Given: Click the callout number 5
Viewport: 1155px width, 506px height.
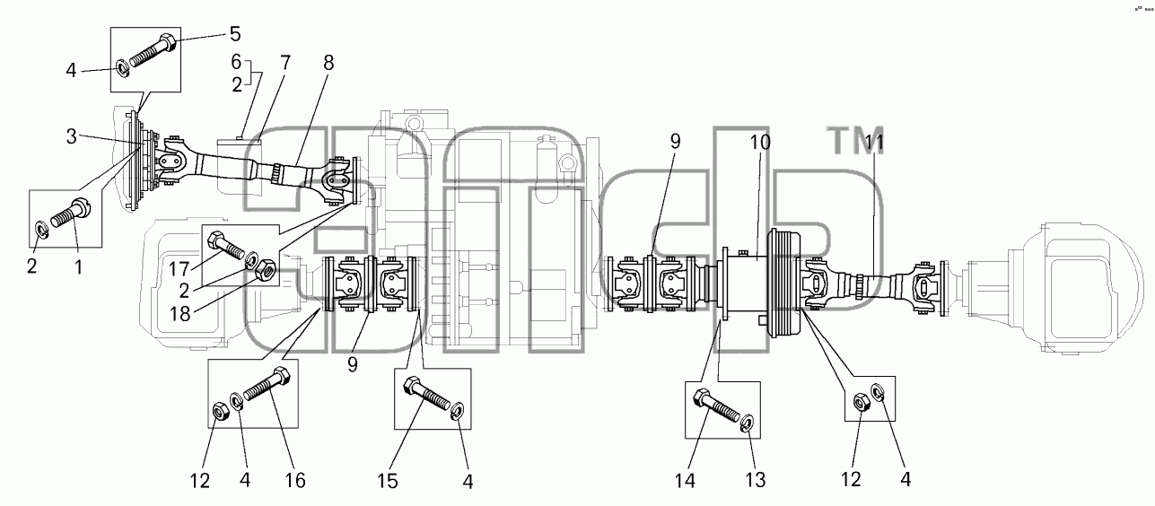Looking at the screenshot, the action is (235, 34).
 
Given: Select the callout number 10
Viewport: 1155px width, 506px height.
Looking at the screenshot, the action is (760, 143).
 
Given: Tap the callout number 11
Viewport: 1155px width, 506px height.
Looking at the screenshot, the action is (873, 143).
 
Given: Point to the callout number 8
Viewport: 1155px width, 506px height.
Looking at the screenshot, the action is (328, 63).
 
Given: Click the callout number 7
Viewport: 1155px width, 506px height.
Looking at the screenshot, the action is (285, 63).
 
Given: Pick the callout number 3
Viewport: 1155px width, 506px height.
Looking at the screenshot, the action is (71, 136).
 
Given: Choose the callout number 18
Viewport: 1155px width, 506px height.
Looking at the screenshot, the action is (180, 313).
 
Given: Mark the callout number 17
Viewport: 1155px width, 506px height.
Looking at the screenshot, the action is (179, 269).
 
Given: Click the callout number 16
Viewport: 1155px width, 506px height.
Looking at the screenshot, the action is (295, 480).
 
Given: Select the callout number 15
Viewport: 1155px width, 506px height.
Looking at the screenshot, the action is (387, 481).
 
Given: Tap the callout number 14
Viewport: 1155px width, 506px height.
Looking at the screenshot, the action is (686, 481).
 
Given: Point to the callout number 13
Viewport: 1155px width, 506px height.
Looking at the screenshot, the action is (756, 480).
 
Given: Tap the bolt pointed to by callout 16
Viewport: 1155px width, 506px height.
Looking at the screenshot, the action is (267, 384).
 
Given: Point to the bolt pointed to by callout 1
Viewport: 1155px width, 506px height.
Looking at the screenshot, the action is (71, 214).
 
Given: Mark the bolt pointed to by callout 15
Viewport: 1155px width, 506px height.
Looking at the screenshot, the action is (426, 393).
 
